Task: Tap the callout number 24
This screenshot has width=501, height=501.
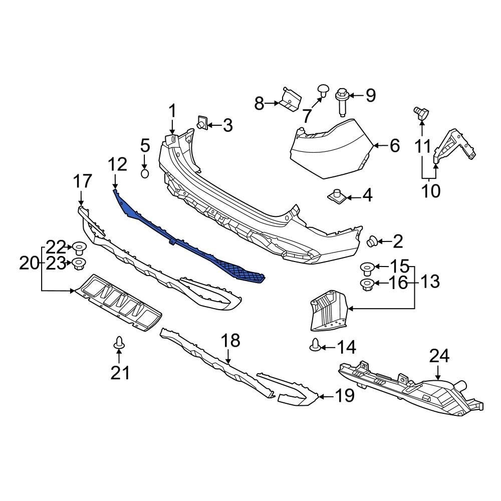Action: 439,356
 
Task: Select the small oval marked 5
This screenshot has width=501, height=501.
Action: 144,173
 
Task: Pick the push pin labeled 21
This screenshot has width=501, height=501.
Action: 119,343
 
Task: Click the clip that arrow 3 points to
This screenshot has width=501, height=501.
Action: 202,123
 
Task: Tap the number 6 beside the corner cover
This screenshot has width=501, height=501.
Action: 395,146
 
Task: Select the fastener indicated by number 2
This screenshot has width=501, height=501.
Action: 372,242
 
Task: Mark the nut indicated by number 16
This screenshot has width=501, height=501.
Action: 366,285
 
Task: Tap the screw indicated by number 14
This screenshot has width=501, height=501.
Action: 316,345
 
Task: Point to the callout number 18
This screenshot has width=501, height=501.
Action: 231,341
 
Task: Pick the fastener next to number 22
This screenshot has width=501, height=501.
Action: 78,247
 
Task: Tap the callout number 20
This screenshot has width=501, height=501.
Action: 29,263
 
